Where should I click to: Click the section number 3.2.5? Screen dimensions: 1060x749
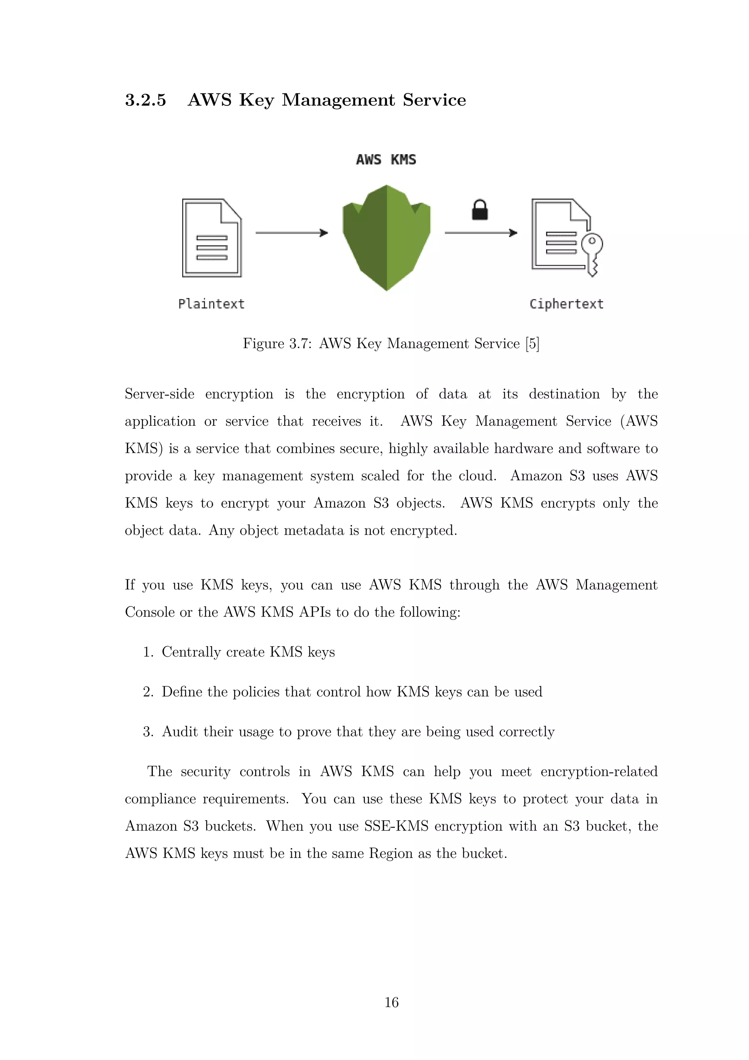pos(145,100)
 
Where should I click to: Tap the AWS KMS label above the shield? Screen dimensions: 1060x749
pos(386,160)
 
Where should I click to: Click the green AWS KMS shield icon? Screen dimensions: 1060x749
pos(387,237)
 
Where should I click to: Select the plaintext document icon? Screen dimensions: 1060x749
pos(212,238)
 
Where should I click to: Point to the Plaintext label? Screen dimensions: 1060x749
pos(211,304)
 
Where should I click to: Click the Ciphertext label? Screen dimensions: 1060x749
pos(567,304)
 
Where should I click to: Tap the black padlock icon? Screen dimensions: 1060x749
pos(480,210)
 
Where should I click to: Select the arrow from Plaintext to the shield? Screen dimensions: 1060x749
pos(291,233)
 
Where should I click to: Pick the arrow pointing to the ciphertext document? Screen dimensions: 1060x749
pos(481,233)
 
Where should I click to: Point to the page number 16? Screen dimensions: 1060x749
pos(392,1002)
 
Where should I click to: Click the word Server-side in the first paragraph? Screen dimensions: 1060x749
pos(159,394)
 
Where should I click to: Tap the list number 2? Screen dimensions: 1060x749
pos(148,691)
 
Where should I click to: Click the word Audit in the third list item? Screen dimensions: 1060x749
pos(180,731)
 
